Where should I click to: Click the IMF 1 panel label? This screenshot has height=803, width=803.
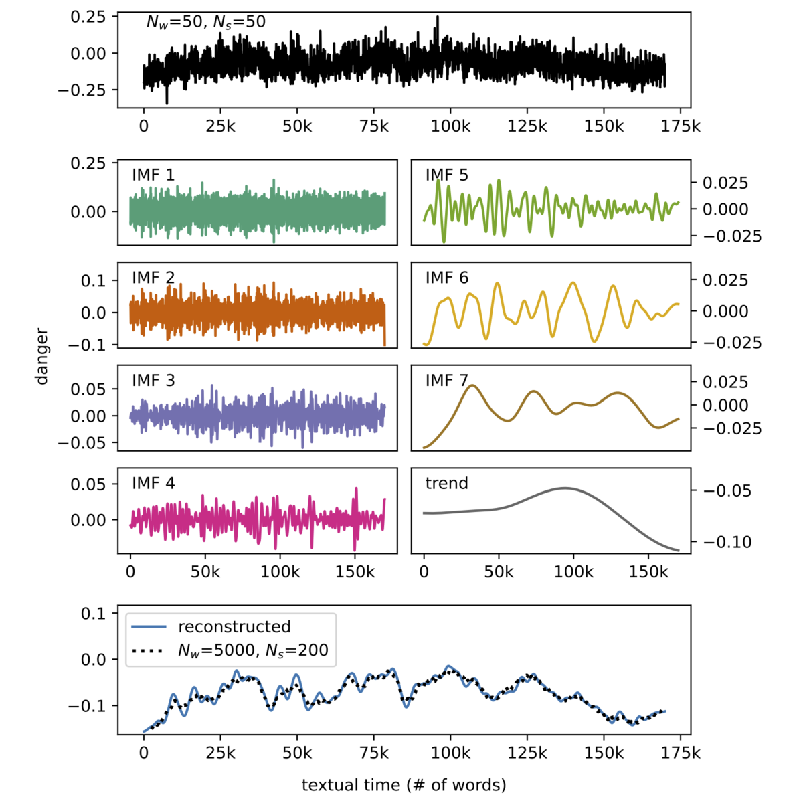(153, 175)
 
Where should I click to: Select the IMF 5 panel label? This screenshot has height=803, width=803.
(446, 175)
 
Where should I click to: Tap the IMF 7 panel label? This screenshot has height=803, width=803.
(446, 381)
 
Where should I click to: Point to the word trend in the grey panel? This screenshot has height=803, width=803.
(446, 483)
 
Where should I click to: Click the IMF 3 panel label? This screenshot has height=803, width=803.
(153, 381)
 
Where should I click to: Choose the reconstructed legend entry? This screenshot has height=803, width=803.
(234, 626)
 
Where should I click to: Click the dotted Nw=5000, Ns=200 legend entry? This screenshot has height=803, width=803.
(252, 650)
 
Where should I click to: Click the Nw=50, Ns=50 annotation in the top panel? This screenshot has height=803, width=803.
(205, 22)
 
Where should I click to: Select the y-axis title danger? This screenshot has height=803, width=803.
(42, 356)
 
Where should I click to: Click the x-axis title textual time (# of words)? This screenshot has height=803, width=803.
(404, 784)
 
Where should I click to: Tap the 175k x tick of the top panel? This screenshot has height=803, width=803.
(681, 126)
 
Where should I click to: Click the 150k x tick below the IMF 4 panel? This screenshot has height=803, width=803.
(355, 572)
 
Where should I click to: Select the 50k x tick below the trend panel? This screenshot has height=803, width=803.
(499, 572)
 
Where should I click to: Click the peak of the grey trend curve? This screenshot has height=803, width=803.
(565, 488)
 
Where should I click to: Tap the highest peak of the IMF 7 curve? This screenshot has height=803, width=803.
(473, 385)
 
